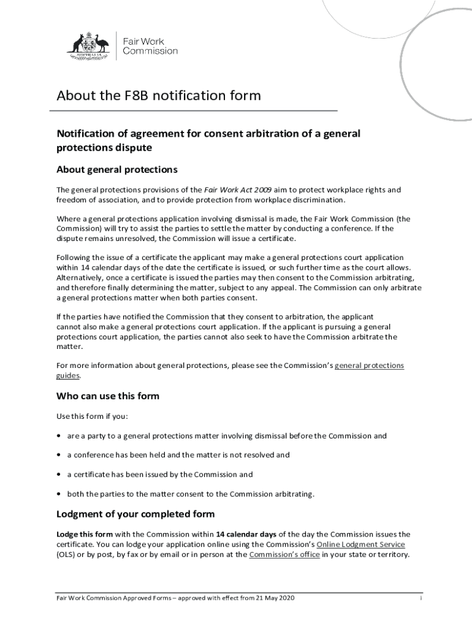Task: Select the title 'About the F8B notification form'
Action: click(159, 96)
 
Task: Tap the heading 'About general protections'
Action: click(117, 169)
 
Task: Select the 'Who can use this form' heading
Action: click(108, 396)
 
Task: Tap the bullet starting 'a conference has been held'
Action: click(178, 455)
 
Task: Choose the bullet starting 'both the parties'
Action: click(190, 494)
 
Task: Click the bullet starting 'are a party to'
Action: click(227, 436)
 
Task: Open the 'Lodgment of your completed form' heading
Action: click(135, 514)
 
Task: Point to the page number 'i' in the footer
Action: click(421, 598)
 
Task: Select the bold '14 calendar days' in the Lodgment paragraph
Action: click(246, 534)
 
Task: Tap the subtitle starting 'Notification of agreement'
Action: click(208, 140)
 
